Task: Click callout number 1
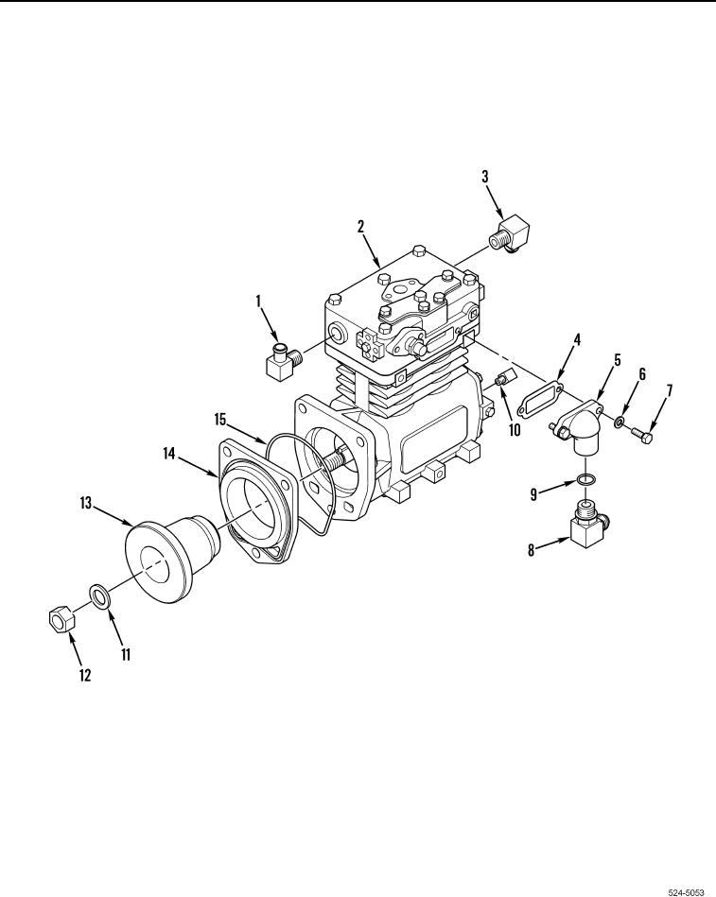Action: [258, 301]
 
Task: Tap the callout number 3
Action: [485, 176]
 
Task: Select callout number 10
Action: [515, 430]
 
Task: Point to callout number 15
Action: [220, 420]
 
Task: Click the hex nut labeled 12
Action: [61, 618]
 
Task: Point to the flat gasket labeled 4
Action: [540, 398]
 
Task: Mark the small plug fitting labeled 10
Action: [505, 377]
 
